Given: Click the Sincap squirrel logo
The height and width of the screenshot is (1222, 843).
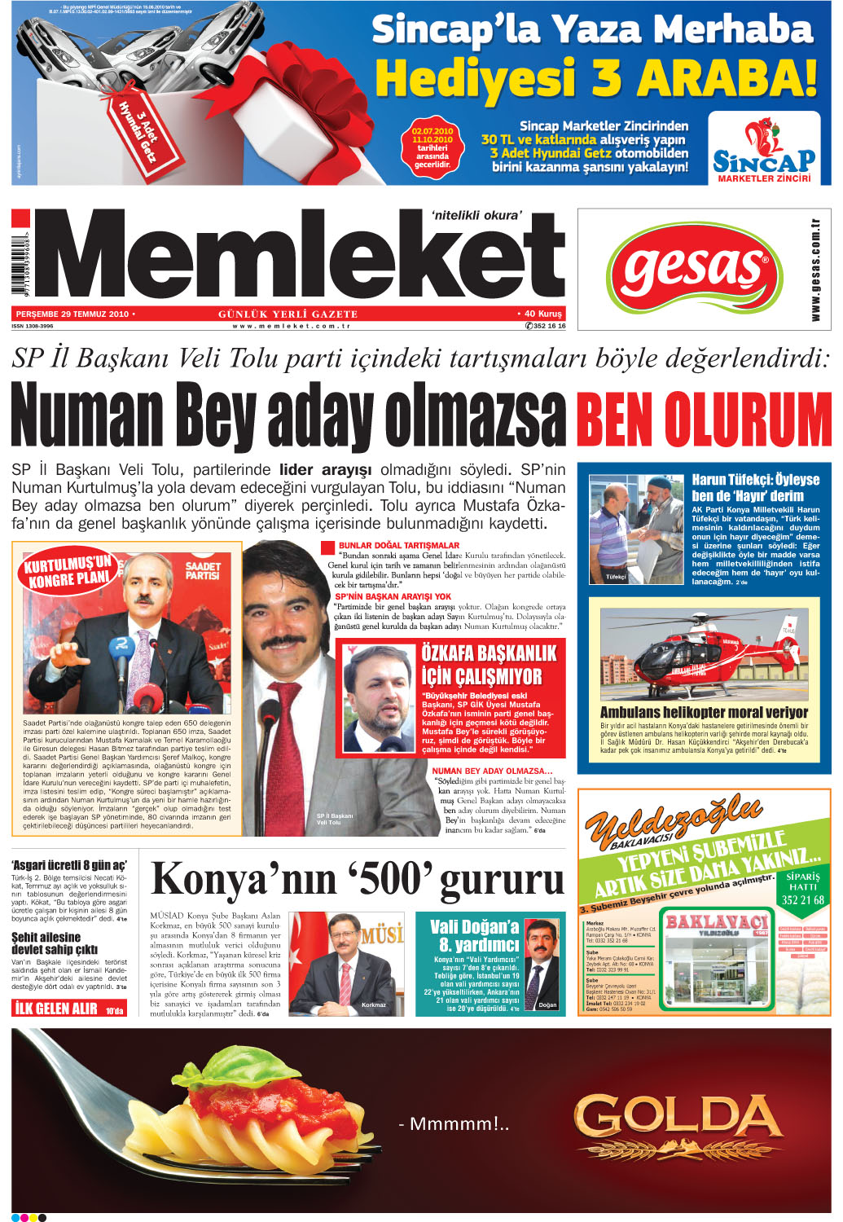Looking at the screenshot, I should click(763, 147).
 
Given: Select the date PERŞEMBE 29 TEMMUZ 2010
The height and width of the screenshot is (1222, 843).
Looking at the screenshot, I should click(72, 314).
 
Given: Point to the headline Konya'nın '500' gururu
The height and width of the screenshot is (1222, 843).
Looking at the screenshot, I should click(358, 879).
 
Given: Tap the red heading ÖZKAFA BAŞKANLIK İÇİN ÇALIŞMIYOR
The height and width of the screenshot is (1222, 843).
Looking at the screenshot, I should click(489, 665).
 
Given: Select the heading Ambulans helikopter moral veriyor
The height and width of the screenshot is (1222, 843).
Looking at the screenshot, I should click(704, 712).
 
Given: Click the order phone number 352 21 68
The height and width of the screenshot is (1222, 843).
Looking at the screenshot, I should click(802, 900).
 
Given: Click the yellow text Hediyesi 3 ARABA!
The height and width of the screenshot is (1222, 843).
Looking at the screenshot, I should click(595, 79).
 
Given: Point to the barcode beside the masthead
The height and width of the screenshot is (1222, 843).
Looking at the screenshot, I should click(19, 261).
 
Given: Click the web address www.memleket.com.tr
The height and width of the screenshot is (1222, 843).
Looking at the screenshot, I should click(291, 326).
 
